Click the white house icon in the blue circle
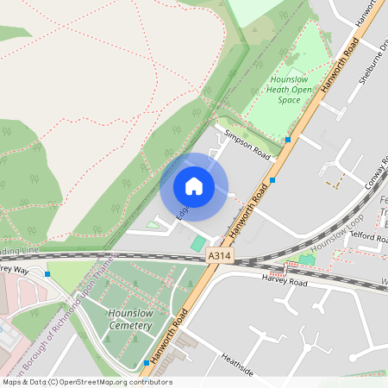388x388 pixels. click(194, 186)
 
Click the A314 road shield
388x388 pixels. click(219, 256)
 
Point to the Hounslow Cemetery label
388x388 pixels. click(130, 320)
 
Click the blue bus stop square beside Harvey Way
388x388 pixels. click(47, 274)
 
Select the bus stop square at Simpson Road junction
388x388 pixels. click(289, 139)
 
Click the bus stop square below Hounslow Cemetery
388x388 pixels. click(147, 363)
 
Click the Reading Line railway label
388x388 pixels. click(19, 250)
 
